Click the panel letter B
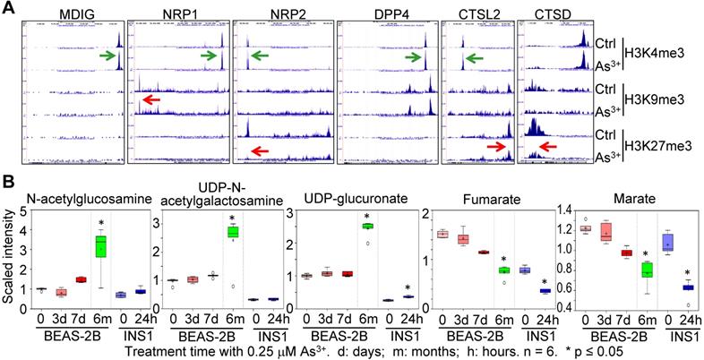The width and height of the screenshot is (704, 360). (8, 181)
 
